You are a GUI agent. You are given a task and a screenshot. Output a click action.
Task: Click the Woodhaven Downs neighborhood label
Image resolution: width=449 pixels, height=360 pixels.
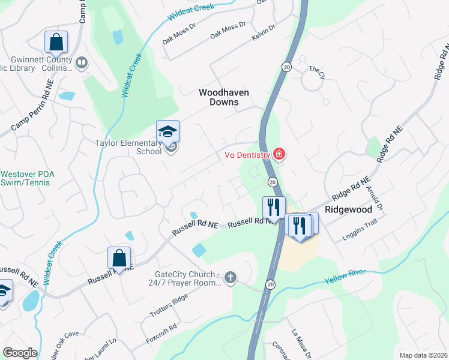click(219, 97)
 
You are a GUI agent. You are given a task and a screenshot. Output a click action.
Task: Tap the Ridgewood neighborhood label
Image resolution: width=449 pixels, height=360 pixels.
click(349, 210)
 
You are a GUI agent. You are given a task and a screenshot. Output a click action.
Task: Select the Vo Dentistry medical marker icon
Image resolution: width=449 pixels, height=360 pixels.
click(279, 154)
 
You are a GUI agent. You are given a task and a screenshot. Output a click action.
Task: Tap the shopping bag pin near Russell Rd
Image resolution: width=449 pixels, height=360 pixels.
click(119, 258)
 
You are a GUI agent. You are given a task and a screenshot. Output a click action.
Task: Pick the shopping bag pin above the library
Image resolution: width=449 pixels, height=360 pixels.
click(56, 42)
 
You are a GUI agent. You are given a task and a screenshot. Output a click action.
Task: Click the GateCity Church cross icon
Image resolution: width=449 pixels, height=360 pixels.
click(231, 277)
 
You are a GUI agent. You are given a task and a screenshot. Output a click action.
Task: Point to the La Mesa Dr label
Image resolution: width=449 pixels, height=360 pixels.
click(298, 342)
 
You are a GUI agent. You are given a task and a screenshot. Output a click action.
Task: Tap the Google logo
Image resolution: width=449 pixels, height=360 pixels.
click(20, 352)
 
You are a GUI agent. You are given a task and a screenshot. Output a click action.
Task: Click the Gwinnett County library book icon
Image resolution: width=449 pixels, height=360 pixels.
click(82, 61)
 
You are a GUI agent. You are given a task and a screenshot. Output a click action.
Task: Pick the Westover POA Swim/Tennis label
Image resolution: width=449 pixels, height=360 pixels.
click(28, 178)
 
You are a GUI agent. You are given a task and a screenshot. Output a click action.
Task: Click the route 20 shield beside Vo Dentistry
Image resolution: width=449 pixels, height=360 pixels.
click(273, 181)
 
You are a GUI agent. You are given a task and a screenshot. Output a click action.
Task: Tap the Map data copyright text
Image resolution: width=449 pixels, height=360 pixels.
click(423, 355)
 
